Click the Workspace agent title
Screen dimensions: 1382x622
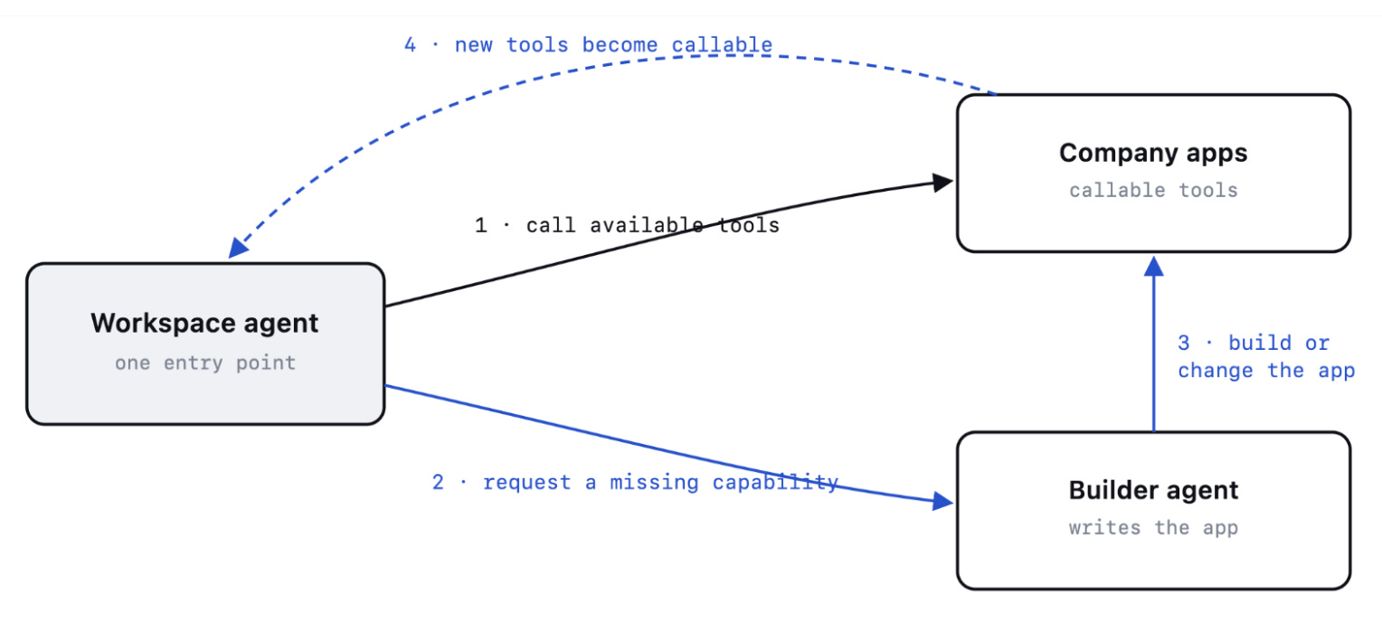(204, 324)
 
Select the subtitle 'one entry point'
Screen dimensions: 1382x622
(205, 363)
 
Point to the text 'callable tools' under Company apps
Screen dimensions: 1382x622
(1153, 191)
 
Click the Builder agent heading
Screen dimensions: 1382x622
(1153, 491)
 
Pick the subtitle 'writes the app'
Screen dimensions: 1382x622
(1153, 528)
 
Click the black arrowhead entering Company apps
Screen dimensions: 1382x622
(942, 182)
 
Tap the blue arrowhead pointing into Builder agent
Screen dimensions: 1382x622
(942, 501)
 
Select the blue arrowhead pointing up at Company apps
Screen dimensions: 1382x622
(1154, 267)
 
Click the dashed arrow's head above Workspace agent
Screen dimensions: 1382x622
(238, 248)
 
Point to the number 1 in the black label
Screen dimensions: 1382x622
(480, 225)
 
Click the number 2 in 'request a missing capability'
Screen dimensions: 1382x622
(438, 482)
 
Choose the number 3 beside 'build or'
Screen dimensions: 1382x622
(1183, 343)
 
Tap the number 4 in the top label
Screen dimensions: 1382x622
(410, 45)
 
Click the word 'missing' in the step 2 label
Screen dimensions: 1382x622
(654, 482)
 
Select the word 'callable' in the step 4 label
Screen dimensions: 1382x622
(722, 45)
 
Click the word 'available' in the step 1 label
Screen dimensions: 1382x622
(646, 225)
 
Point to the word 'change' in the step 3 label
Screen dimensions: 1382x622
(1215, 371)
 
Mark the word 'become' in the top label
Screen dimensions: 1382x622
(620, 45)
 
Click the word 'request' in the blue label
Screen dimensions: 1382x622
(527, 483)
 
